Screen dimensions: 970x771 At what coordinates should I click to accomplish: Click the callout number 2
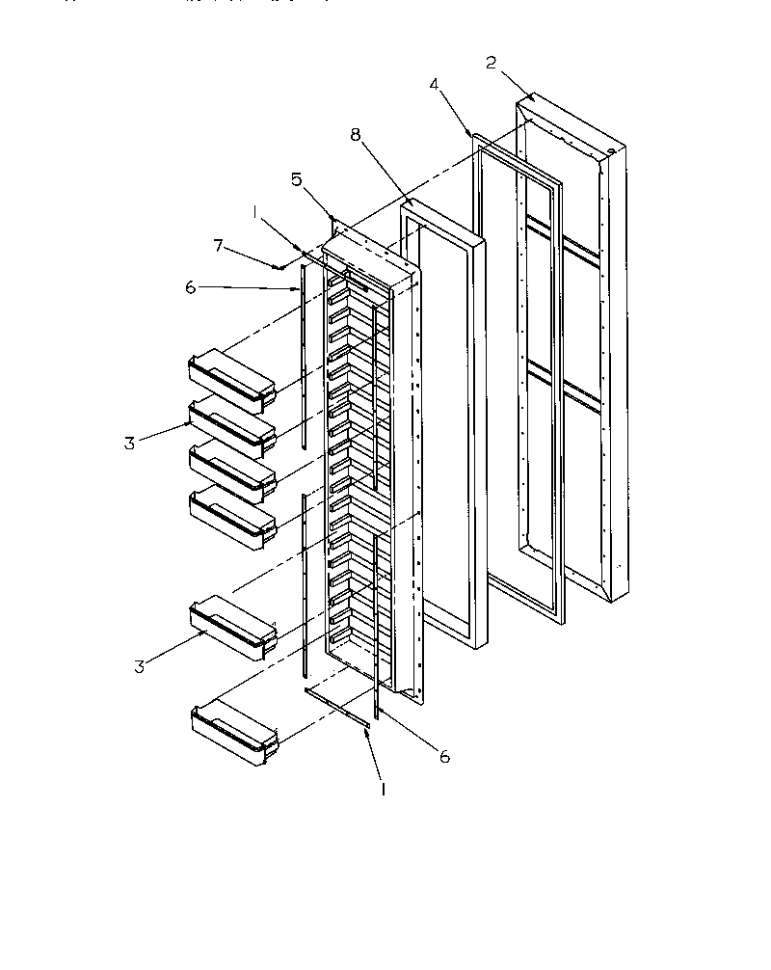coord(491,63)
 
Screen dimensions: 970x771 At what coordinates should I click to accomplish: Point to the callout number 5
coord(297,178)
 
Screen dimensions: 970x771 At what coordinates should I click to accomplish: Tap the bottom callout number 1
coord(385,788)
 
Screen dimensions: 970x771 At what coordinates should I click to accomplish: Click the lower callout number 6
coord(444,758)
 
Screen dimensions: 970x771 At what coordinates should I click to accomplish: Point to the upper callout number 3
coord(129,444)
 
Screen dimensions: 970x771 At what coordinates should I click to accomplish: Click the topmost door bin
coord(232,378)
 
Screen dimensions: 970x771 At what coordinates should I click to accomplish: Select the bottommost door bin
coord(234,734)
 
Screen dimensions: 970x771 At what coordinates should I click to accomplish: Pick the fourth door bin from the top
coord(232,516)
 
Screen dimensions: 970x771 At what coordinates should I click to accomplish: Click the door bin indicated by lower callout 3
coord(232,628)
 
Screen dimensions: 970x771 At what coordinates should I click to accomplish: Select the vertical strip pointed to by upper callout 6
coord(303,357)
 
